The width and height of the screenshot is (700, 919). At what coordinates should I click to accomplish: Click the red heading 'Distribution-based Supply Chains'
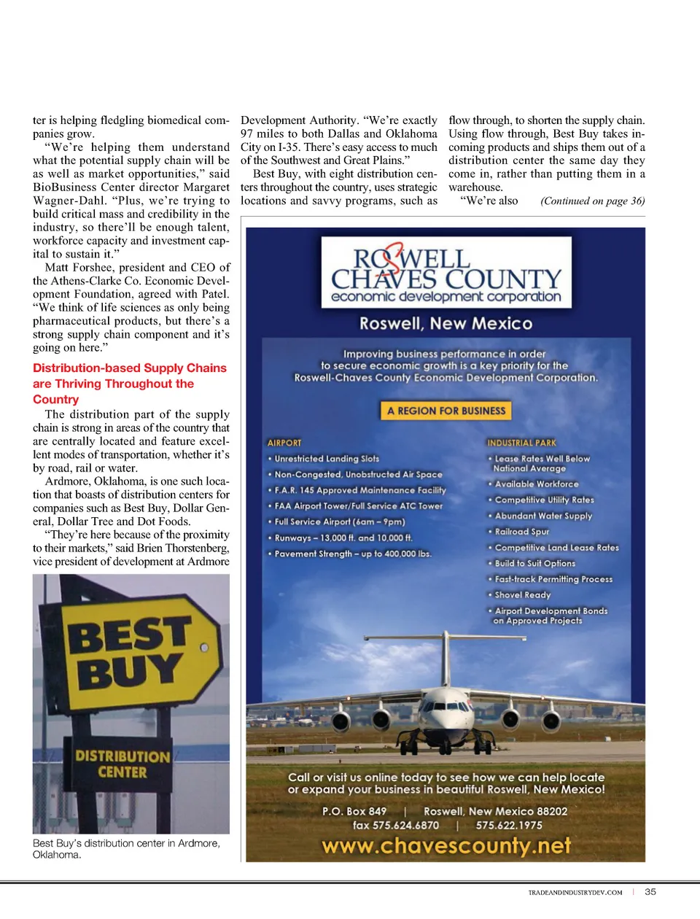pyautogui.click(x=130, y=368)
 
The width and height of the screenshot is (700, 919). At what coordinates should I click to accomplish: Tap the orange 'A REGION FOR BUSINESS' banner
pyautogui.click(x=446, y=411)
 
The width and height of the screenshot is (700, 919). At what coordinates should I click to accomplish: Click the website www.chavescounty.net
pyautogui.click(x=446, y=845)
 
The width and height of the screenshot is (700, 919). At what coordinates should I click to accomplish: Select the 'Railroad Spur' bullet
pyautogui.click(x=521, y=532)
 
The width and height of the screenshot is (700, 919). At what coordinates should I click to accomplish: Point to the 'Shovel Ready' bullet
pyautogui.click(x=522, y=595)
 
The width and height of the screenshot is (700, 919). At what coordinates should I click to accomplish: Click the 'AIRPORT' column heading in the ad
pyautogui.click(x=284, y=443)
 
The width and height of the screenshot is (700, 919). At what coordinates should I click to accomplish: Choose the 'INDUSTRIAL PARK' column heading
pyautogui.click(x=521, y=443)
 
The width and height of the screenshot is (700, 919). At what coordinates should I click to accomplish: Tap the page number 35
pyautogui.click(x=650, y=891)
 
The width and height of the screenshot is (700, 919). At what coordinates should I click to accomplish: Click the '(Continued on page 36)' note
pyautogui.click(x=592, y=201)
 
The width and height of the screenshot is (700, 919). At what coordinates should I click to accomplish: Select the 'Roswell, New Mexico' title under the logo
pyautogui.click(x=446, y=323)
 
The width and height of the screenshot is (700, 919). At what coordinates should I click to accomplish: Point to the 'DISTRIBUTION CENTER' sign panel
pyautogui.click(x=122, y=764)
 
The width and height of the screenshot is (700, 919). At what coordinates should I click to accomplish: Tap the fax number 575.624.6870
pyautogui.click(x=396, y=826)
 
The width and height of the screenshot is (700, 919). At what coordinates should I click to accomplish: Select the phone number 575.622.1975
pyautogui.click(x=509, y=826)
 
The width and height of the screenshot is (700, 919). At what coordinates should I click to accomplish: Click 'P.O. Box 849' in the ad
pyautogui.click(x=354, y=811)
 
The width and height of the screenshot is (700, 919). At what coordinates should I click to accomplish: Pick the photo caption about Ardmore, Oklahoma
pyautogui.click(x=126, y=848)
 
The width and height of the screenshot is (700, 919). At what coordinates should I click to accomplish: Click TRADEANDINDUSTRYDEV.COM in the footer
pyautogui.click(x=575, y=892)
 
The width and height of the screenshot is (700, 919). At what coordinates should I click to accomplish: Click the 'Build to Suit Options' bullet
pyautogui.click(x=534, y=563)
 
